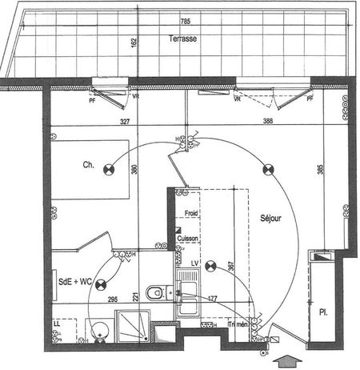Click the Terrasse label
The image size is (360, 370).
pyautogui.click(x=183, y=38)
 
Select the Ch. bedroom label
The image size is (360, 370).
pyautogui.click(x=88, y=166)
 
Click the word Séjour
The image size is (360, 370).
pyautogui.click(x=271, y=217)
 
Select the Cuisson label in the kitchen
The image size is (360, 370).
pyautogui.click(x=189, y=238)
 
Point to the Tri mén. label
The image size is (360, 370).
pyautogui.click(x=238, y=325)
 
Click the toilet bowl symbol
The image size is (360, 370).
pyautogui.click(x=157, y=292)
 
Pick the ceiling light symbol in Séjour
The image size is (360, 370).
pyautogui.click(x=268, y=169)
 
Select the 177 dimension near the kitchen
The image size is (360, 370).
pyautogui.click(x=211, y=299)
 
